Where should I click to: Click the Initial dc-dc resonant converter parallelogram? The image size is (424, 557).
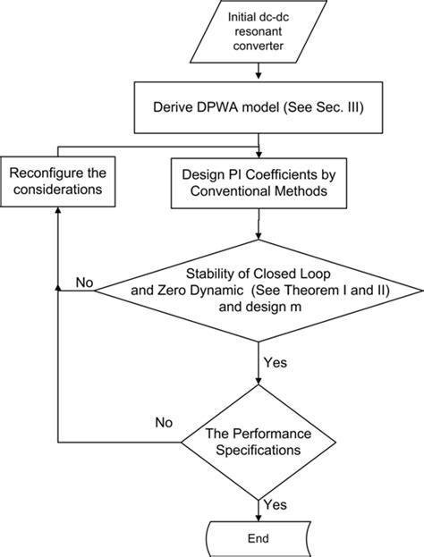pos(259,30)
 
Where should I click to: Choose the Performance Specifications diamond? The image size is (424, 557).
pos(259,441)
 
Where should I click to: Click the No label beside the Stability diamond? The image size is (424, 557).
pos(84,282)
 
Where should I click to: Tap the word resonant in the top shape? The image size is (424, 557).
pos(259,30)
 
